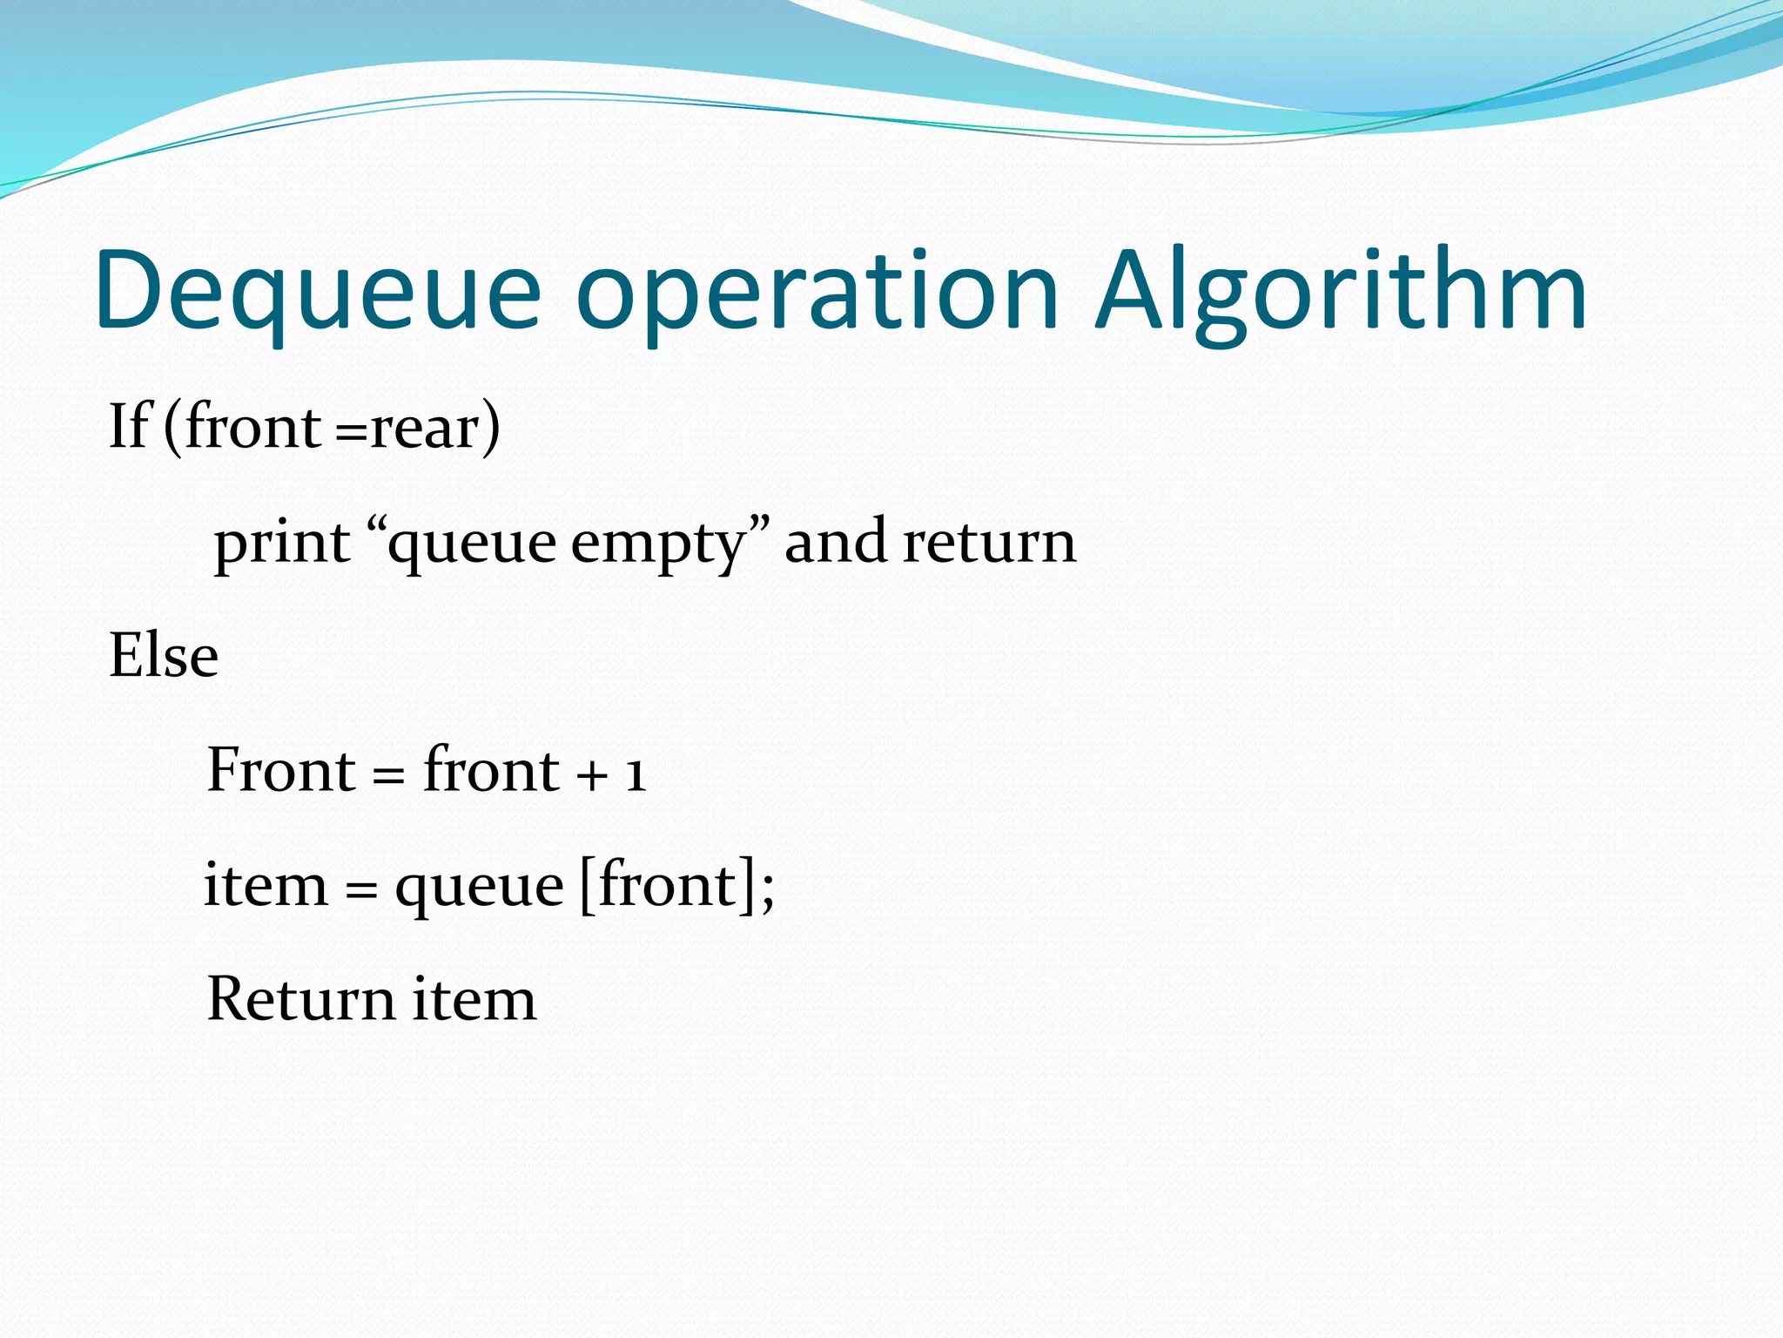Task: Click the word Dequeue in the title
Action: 319,292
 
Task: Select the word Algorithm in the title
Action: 1341,292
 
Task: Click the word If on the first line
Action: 129,427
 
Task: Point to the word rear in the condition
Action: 425,429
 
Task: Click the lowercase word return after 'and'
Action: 990,542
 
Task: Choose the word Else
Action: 164,655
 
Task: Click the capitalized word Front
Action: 280,770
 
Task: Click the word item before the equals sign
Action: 266,885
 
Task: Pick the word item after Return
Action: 474,998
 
